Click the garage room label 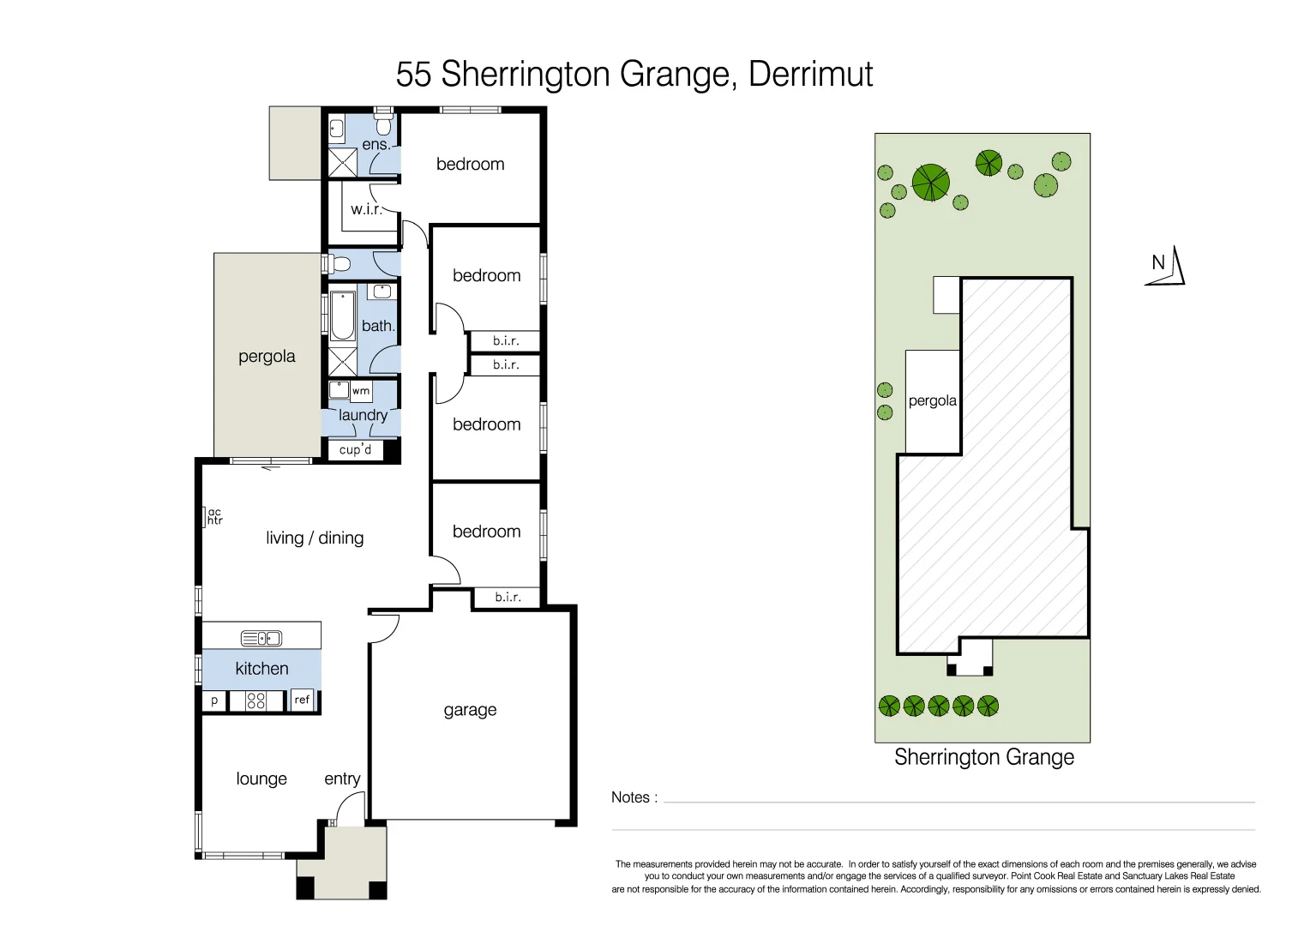pyautogui.click(x=470, y=710)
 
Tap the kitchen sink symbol pyautogui.click(x=261, y=638)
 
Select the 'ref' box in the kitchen pyautogui.click(x=302, y=700)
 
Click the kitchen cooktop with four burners pyautogui.click(x=255, y=701)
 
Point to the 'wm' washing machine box pyautogui.click(x=361, y=391)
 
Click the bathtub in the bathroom pyautogui.click(x=342, y=316)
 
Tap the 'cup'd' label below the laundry pyautogui.click(x=356, y=449)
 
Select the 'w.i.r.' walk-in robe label pyautogui.click(x=366, y=208)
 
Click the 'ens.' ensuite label pyautogui.click(x=376, y=145)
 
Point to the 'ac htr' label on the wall pyautogui.click(x=214, y=516)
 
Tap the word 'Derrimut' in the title pyautogui.click(x=810, y=75)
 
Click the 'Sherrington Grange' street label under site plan pyautogui.click(x=983, y=757)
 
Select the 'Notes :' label pyautogui.click(x=634, y=797)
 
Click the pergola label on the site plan pyautogui.click(x=932, y=400)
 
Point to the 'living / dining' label pyautogui.click(x=315, y=538)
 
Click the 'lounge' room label pyautogui.click(x=261, y=779)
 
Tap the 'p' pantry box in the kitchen pyautogui.click(x=214, y=701)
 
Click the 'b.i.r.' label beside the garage pyautogui.click(x=508, y=597)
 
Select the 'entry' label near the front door pyautogui.click(x=342, y=779)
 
